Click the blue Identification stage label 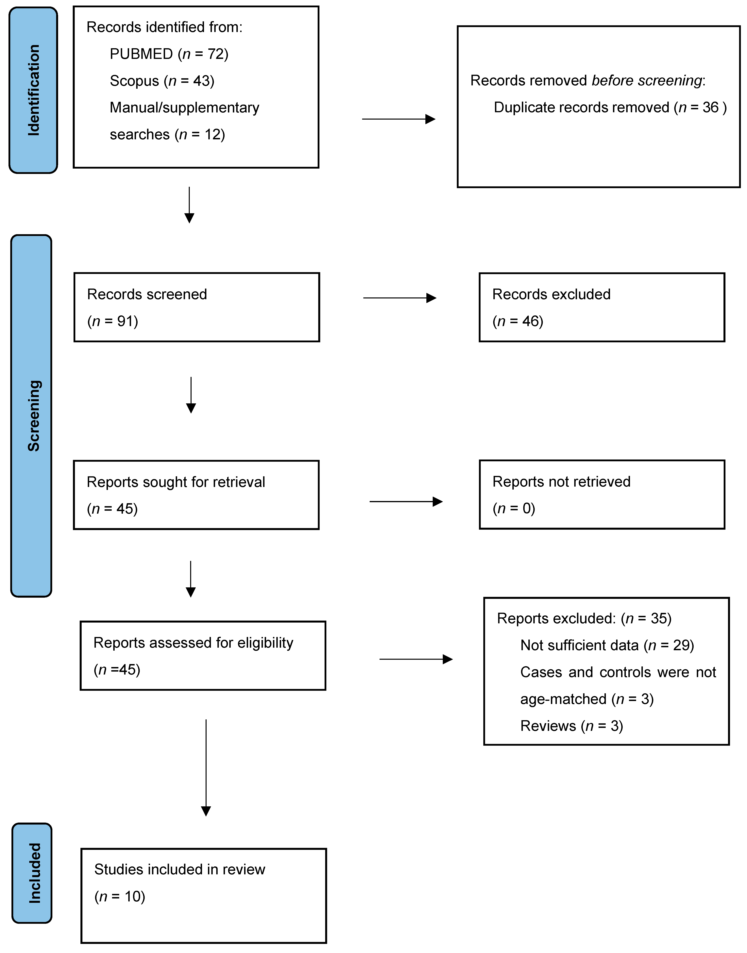coord(33,90)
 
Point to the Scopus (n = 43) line coord(162,81)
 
